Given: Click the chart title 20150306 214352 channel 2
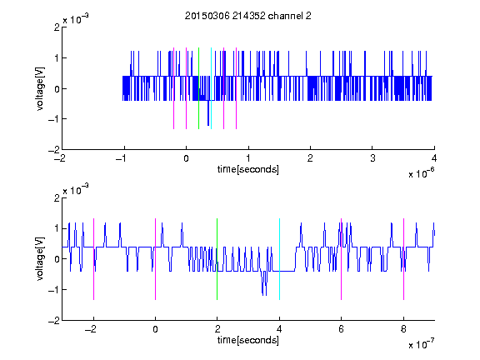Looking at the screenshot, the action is [x=248, y=16].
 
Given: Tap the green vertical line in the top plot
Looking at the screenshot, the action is [x=198, y=88].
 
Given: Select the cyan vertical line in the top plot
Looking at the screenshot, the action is [x=211, y=88].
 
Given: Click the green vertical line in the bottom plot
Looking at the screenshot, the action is [x=217, y=259].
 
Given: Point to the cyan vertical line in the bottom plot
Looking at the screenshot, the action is [x=279, y=259].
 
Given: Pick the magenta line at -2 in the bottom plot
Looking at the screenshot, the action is [x=93, y=259].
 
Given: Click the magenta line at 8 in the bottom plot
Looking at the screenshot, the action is [x=404, y=259].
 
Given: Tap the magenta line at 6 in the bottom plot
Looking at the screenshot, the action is [x=342, y=259].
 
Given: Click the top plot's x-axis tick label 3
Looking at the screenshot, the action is [x=372, y=158].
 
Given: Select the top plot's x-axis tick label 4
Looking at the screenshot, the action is [x=434, y=158].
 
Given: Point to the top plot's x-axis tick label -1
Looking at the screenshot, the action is [x=122, y=158].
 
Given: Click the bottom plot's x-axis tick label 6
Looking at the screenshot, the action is [x=342, y=329].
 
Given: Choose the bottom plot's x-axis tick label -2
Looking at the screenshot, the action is [x=91, y=329].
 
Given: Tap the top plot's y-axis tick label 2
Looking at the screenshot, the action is [x=57, y=27].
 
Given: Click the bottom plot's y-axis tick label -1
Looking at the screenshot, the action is [x=54, y=290].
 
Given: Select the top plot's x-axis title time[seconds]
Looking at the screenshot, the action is [x=248, y=169].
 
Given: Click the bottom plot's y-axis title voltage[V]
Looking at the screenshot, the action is [x=40, y=259].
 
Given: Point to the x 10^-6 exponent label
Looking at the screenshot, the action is [x=421, y=172].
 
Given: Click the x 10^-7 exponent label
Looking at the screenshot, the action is [x=421, y=343].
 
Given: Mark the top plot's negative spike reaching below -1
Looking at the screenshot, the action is [x=208, y=112].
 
